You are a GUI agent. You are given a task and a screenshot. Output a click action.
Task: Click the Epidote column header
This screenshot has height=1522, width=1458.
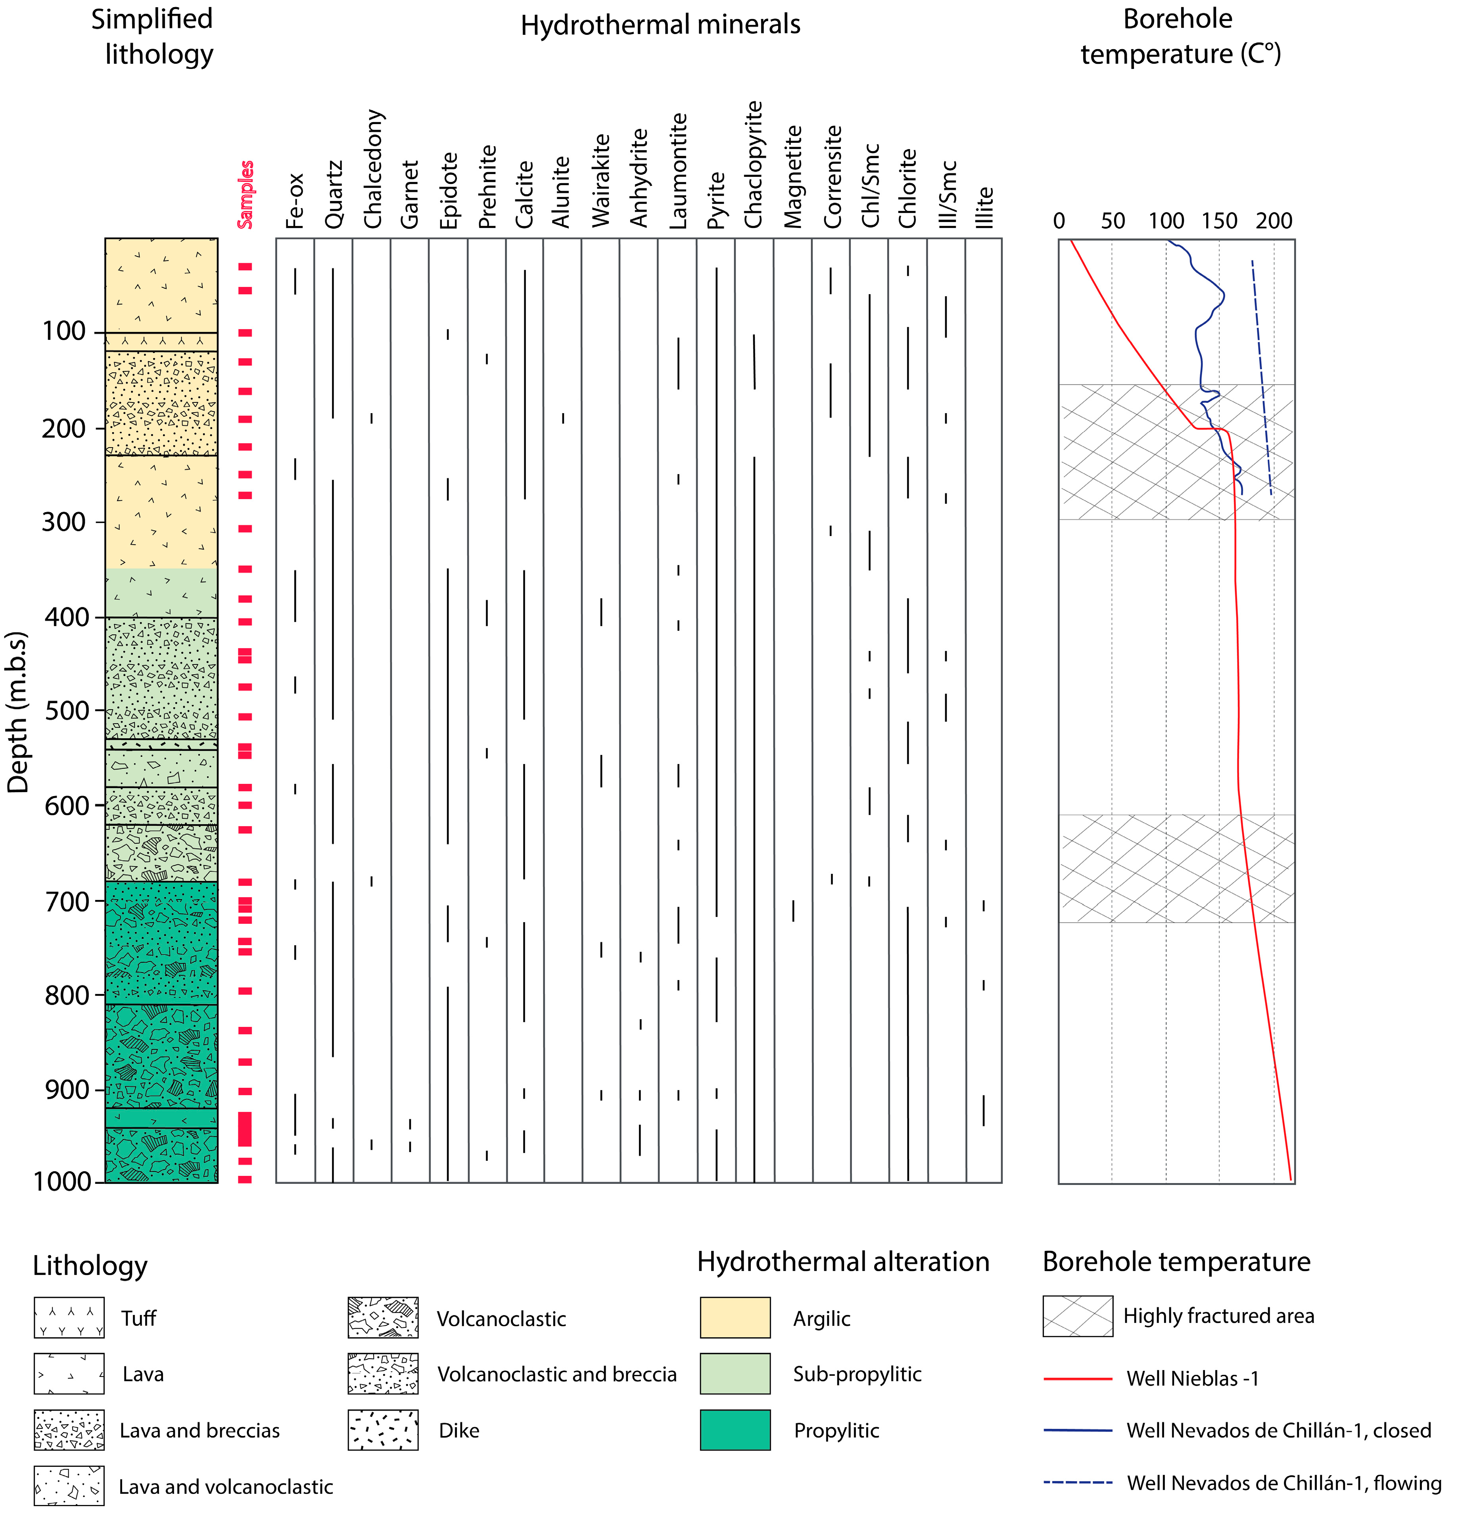[449, 190]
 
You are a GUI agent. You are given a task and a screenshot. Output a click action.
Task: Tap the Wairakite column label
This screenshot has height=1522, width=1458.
[600, 181]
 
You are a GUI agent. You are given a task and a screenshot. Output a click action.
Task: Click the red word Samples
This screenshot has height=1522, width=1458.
[246, 194]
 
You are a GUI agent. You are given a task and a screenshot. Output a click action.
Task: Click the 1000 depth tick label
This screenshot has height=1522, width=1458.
[62, 1181]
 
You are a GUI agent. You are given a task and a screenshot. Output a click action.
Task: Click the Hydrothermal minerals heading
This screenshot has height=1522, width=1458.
[660, 25]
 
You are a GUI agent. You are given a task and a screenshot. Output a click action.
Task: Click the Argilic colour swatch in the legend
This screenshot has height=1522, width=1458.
[735, 1318]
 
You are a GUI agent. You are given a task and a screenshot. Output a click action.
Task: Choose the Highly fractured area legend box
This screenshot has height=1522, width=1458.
[1077, 1316]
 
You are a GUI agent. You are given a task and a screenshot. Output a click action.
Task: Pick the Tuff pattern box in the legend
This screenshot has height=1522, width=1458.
[69, 1318]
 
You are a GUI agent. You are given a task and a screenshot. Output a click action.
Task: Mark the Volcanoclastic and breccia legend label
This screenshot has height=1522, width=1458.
[556, 1375]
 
